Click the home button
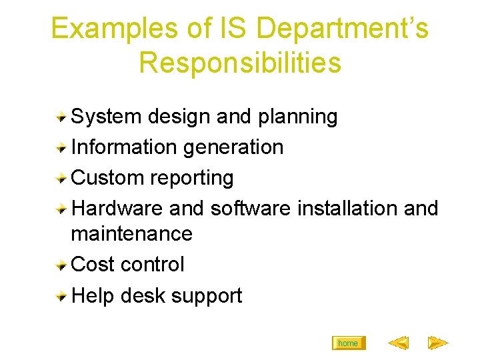[x=348, y=343]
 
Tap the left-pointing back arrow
[x=398, y=343]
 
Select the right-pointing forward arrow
[x=437, y=343]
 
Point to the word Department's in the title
[x=342, y=29]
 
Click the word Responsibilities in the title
[x=240, y=63]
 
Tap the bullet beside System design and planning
[x=61, y=117]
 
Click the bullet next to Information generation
[x=61, y=147]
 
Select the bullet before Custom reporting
[x=61, y=178]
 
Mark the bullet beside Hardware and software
[x=61, y=209]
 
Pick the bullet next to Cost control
[x=61, y=265]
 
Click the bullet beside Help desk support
[x=61, y=295]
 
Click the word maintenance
[x=131, y=234]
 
